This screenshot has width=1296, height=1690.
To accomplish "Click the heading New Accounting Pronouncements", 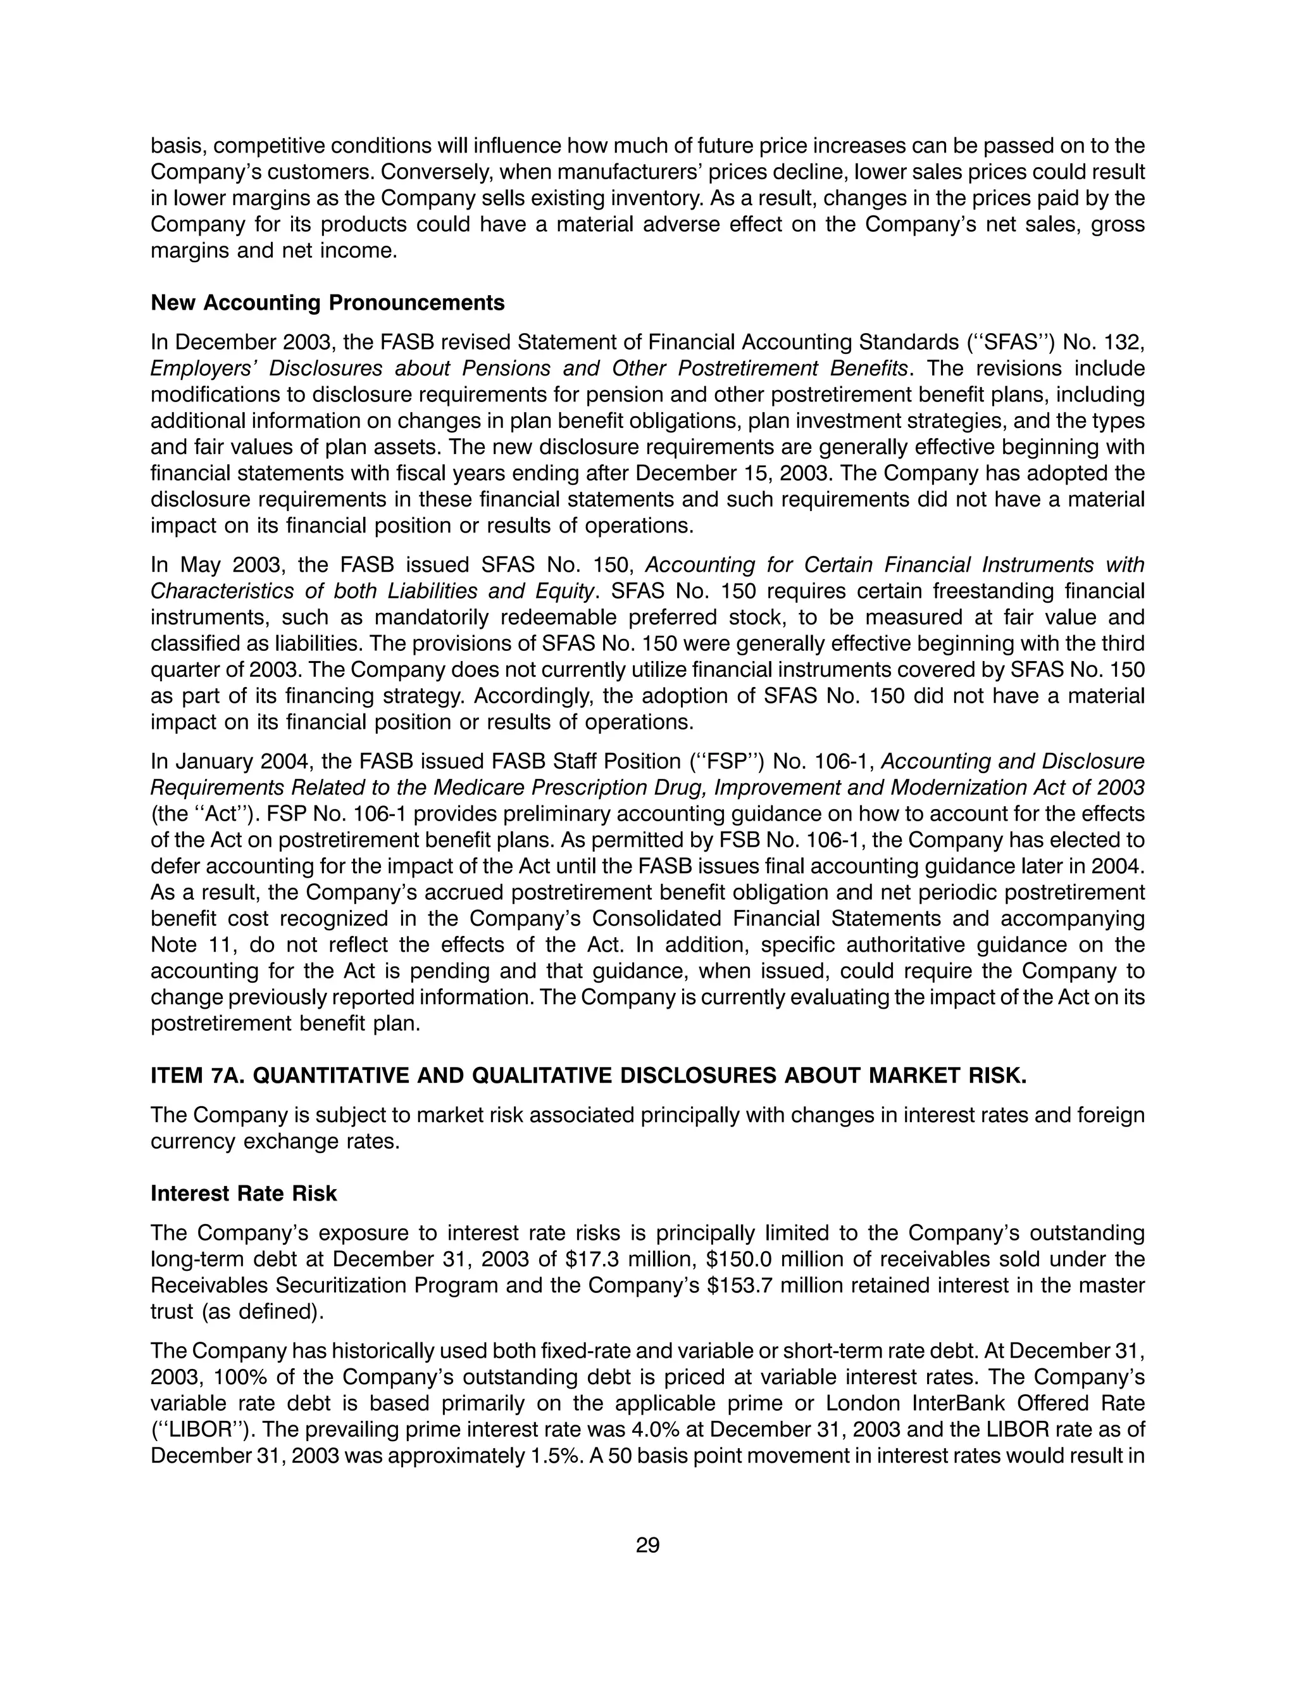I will click(x=327, y=303).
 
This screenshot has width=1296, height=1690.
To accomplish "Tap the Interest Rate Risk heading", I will click(x=244, y=1193).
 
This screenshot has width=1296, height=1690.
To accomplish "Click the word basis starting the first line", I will click(x=176, y=145).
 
